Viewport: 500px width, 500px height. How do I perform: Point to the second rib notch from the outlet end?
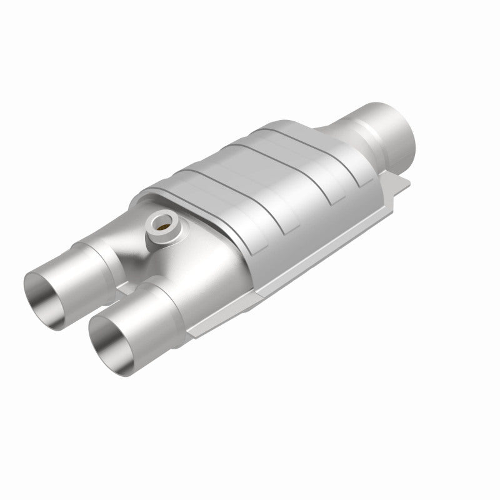(x=328, y=194)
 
